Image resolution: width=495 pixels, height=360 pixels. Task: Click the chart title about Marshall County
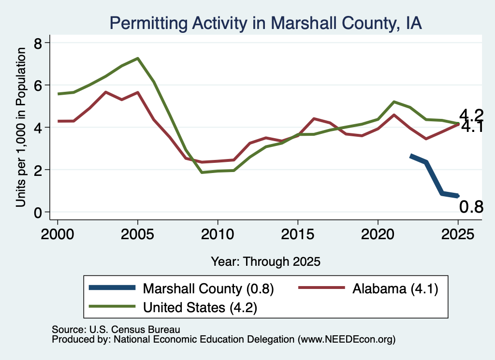pos(265,23)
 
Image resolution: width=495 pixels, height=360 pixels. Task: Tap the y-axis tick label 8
pos(38,43)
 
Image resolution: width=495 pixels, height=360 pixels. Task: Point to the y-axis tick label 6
pos(38,85)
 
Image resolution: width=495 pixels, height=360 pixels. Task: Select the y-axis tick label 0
pos(38,212)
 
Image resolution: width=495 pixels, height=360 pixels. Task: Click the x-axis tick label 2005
pos(137,234)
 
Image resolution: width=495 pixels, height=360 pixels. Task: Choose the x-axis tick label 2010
pos(218,234)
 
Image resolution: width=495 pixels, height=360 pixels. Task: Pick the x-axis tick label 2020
pos(378,234)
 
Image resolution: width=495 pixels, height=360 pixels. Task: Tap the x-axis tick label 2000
pos(58,234)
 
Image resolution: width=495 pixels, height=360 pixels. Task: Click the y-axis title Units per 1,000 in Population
pos(21,127)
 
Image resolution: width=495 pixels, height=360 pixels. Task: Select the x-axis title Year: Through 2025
pos(265,261)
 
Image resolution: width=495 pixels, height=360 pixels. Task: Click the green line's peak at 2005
pos(138,58)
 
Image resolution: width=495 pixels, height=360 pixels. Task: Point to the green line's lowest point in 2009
pos(202,173)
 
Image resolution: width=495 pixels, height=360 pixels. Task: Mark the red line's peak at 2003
pos(105,92)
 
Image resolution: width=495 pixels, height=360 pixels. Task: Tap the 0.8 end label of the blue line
pos(471,207)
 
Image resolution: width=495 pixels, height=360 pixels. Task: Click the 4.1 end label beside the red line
pos(472,127)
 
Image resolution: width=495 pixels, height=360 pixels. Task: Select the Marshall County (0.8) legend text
pos(208,288)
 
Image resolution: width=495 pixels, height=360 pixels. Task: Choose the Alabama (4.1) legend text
pos(395,288)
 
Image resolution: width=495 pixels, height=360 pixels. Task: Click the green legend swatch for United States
pos(112,306)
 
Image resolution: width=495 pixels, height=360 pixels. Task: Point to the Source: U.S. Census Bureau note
pos(116,330)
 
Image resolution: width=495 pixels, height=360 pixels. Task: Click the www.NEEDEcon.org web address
pos(346,339)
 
